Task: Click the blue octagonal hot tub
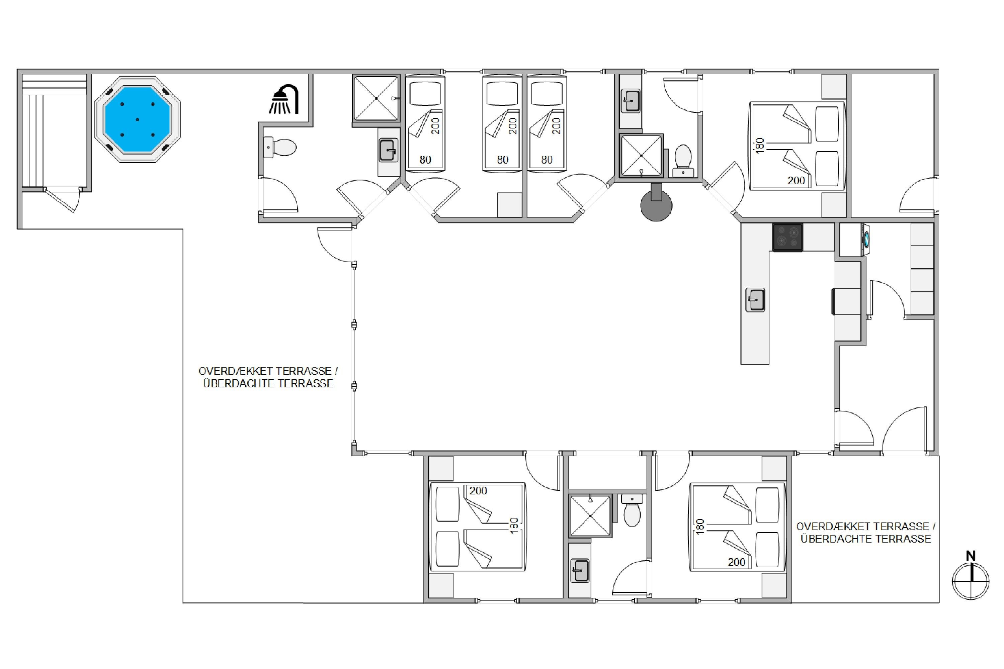(x=138, y=119)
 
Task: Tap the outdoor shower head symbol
(x=284, y=99)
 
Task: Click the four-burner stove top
(x=787, y=237)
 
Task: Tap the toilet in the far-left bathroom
(x=280, y=148)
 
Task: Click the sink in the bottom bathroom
(x=580, y=570)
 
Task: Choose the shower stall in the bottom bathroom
(x=590, y=516)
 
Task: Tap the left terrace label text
(x=268, y=377)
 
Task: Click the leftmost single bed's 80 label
(x=425, y=160)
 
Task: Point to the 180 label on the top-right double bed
(x=759, y=146)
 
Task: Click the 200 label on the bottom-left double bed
(x=478, y=491)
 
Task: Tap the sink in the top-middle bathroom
(x=631, y=101)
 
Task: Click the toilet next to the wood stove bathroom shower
(x=683, y=161)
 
